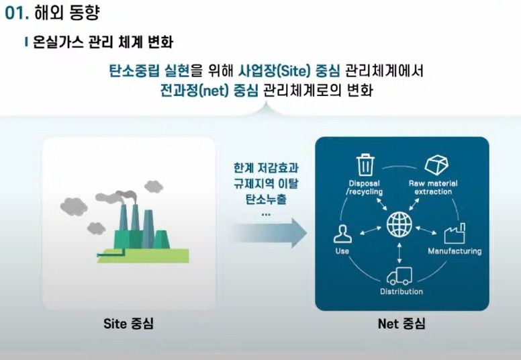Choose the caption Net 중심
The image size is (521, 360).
point(401,324)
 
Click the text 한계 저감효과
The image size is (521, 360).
point(266,168)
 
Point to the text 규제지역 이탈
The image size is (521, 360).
point(266,184)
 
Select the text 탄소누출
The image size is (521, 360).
point(266,199)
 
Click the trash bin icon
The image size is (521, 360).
point(365,165)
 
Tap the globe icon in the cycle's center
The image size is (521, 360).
point(401,224)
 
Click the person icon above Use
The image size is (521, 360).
point(342,234)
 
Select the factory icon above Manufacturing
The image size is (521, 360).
point(454,234)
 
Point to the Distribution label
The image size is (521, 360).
point(401,291)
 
